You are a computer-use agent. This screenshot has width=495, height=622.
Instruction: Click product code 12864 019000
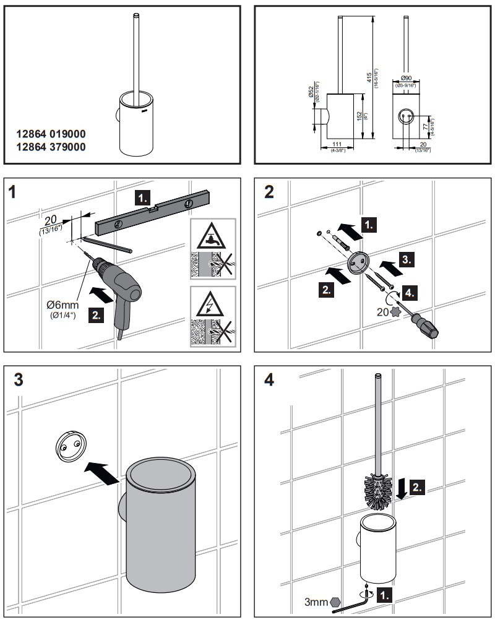51,134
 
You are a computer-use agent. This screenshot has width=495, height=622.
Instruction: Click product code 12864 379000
51,147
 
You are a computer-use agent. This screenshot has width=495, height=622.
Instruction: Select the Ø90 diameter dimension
407,78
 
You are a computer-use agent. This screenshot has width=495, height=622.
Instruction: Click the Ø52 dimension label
311,93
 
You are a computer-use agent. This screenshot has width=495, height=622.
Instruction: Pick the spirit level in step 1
161,214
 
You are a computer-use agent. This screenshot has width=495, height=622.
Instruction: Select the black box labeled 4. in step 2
411,291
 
